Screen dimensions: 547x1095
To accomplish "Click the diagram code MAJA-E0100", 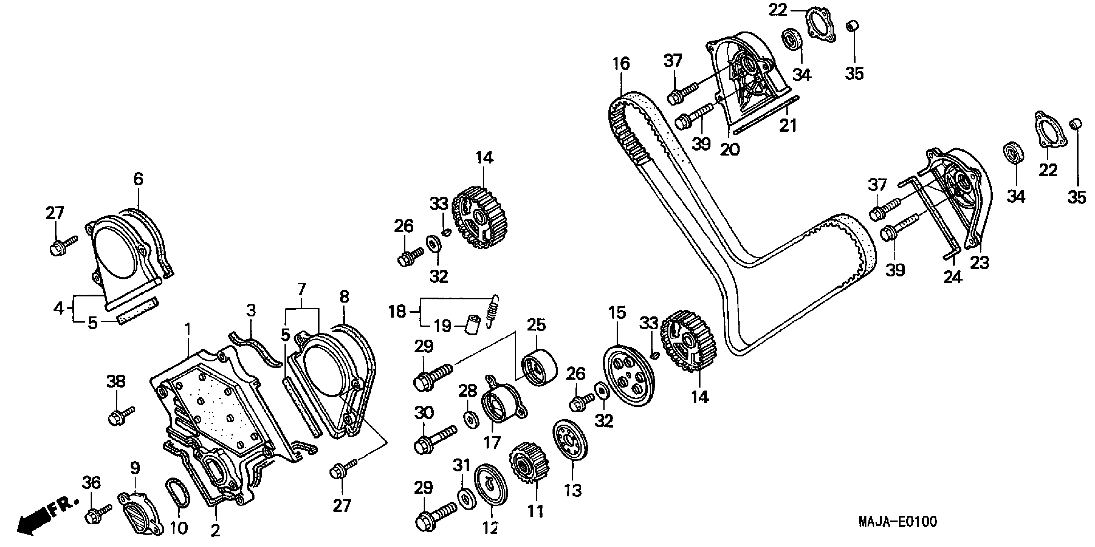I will pyautogui.click(x=897, y=522).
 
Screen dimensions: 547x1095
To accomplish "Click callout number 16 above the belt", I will pyautogui.click(x=621, y=64).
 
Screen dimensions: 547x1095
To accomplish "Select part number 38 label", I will pyautogui.click(x=116, y=382).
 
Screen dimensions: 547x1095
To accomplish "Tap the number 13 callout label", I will pyautogui.click(x=572, y=491).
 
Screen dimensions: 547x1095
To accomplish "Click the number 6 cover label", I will pyautogui.click(x=138, y=179).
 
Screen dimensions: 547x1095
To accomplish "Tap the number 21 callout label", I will pyautogui.click(x=787, y=125).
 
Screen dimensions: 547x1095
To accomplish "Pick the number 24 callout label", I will pyautogui.click(x=952, y=277).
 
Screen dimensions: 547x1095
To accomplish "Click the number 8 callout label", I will pyautogui.click(x=344, y=297).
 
